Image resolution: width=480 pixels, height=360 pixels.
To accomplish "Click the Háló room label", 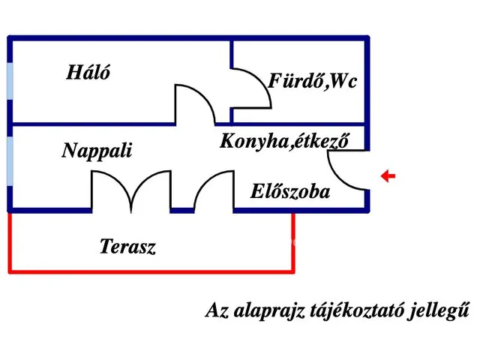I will pyautogui.click(x=88, y=73).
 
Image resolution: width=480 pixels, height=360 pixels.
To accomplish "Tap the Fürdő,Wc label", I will pyautogui.click(x=312, y=81).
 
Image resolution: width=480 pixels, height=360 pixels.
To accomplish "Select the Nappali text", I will pyautogui.click(x=97, y=151).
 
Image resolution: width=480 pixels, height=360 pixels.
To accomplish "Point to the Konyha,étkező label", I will pyautogui.click(x=284, y=140).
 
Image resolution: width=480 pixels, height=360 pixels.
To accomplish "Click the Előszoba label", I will pyautogui.click(x=289, y=192).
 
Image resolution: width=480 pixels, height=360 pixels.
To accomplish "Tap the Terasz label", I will pyautogui.click(x=127, y=246).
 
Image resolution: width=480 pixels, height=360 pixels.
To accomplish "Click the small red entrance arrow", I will pyautogui.click(x=388, y=177).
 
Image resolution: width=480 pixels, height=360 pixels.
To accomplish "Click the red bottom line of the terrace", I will pyautogui.click(x=150, y=271).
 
